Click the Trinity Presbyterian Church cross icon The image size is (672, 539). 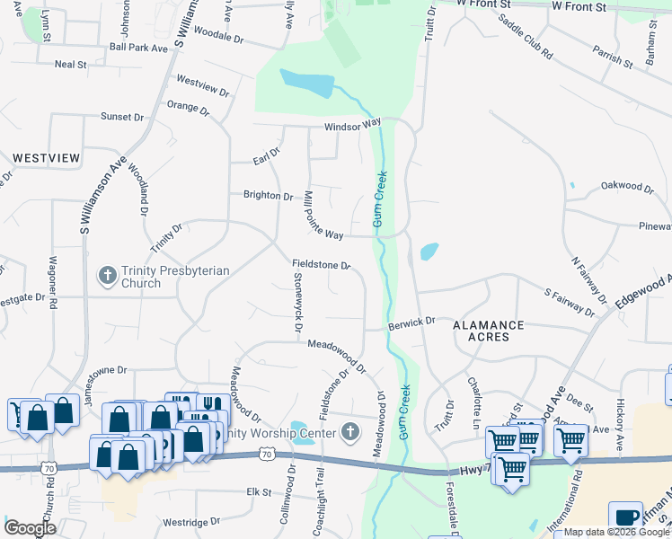pos(108,275)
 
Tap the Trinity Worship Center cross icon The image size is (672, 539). pos(350,433)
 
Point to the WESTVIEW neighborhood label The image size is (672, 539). pos(46,158)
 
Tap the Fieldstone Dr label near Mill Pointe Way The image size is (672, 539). pos(321,265)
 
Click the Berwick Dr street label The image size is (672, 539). pos(411,321)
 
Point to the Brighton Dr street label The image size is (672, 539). pos(269,195)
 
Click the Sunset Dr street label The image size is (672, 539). pos(122,117)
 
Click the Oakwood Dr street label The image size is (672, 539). pos(628,187)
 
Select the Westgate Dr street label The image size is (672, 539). pos(22,296)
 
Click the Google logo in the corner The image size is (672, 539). pos(31,528)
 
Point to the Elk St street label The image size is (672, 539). pos(259,492)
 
